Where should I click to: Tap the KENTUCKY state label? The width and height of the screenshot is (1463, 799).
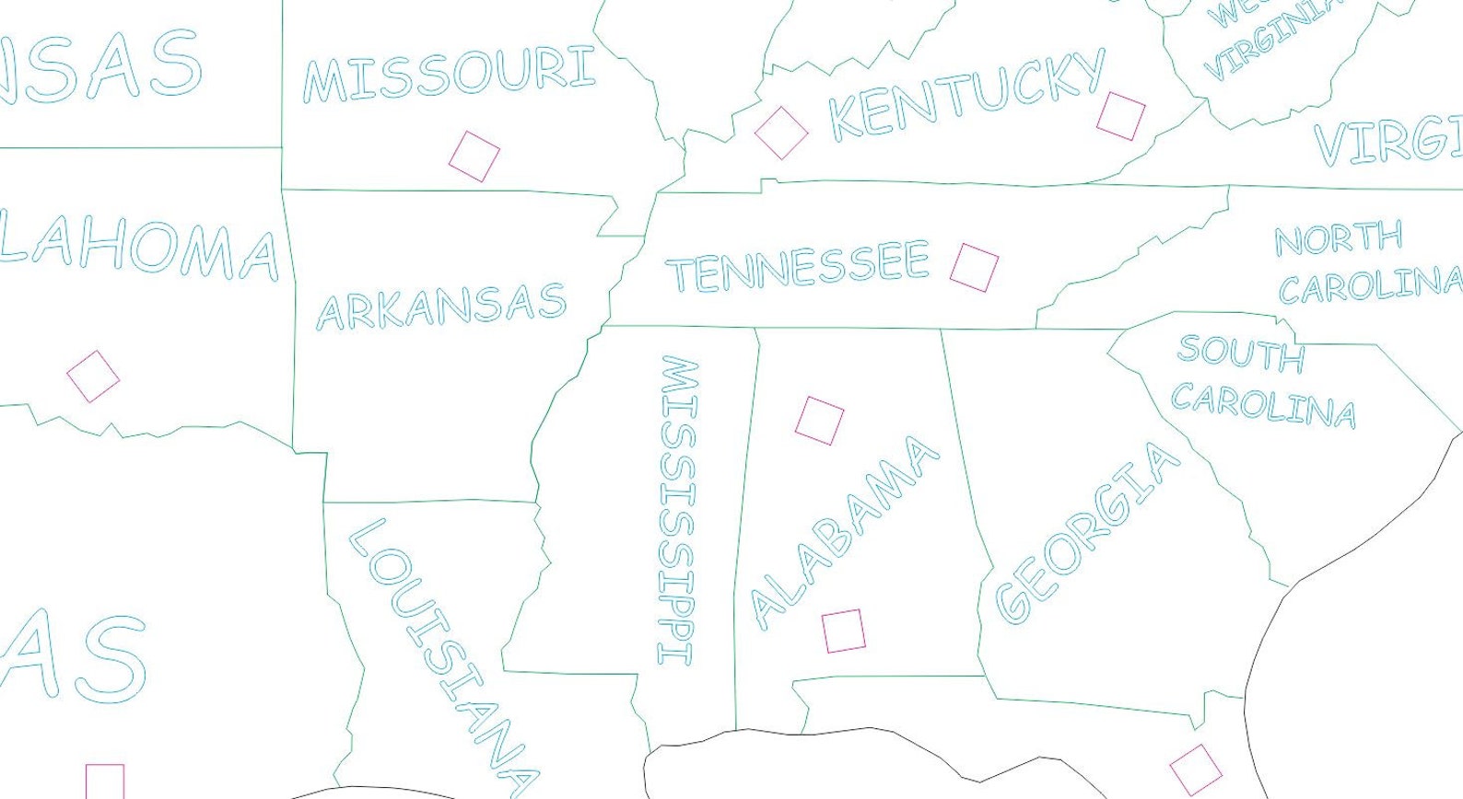[967, 95]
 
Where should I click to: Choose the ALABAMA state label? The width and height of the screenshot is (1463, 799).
[844, 532]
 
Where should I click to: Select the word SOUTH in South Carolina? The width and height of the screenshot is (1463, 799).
[1240, 353]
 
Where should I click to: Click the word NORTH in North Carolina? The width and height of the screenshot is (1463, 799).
[1338, 238]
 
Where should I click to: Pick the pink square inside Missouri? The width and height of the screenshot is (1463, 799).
[474, 156]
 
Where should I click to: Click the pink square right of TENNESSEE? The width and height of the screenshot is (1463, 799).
[974, 267]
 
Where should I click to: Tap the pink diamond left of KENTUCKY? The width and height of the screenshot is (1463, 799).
[781, 133]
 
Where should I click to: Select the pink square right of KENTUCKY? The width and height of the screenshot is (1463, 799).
[1121, 116]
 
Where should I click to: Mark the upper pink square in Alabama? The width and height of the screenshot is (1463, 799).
[819, 421]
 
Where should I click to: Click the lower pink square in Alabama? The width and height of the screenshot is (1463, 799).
[843, 631]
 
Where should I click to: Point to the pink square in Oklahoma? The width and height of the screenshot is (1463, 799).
[93, 376]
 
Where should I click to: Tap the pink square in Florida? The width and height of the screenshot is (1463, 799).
[1196, 770]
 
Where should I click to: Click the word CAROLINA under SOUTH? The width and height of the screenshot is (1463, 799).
[1263, 406]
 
